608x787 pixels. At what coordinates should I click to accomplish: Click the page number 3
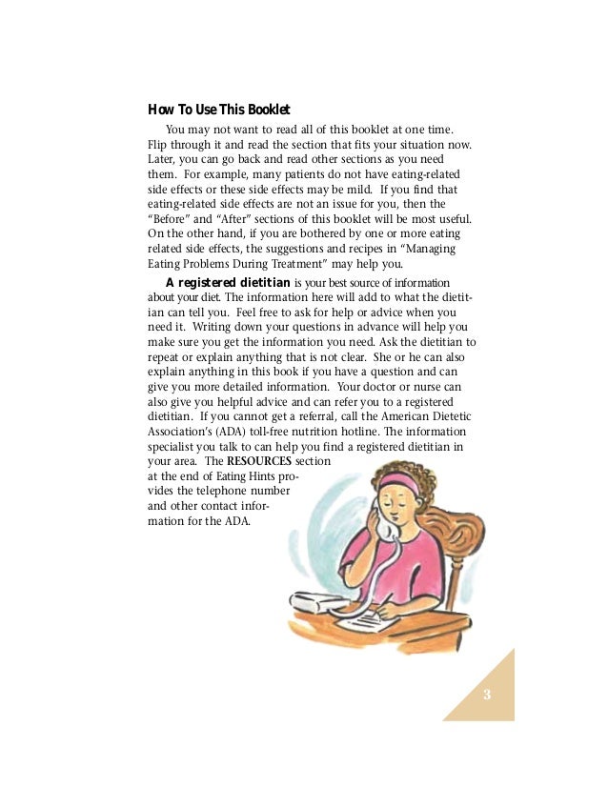(486, 693)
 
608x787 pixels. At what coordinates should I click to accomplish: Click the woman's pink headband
(400, 482)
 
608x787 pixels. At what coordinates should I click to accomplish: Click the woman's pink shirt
(410, 562)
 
